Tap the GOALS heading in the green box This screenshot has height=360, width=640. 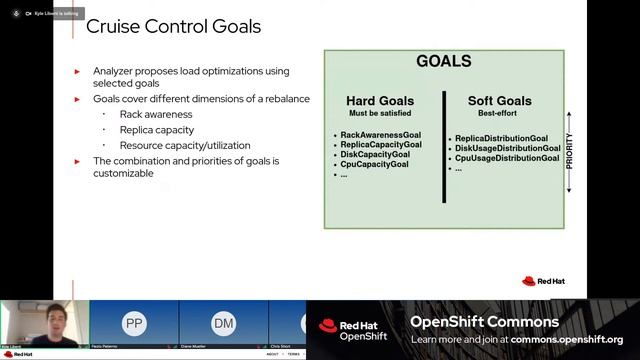(443, 62)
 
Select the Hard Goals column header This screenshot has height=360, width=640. (380, 101)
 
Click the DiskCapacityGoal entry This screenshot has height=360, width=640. (375, 154)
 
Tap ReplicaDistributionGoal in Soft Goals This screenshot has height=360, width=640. (501, 138)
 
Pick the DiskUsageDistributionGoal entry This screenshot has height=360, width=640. (507, 148)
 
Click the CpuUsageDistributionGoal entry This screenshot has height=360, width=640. (506, 158)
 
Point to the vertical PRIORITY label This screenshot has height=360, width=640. (570, 150)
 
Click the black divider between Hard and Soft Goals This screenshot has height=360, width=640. (444, 146)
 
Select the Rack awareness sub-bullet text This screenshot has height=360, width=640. (155, 114)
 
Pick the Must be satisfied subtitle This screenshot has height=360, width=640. (380, 114)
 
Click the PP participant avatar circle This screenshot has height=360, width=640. (133, 324)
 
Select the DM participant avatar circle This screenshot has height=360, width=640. (223, 324)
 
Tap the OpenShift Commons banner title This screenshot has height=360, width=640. (484, 322)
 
